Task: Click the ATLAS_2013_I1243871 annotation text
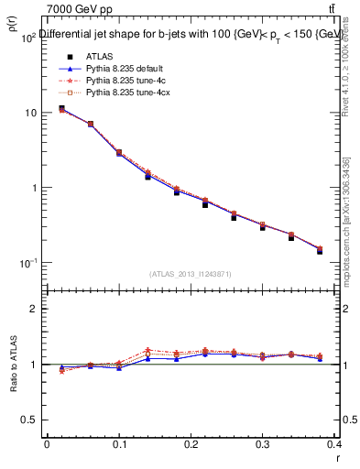pyautogui.click(x=189, y=274)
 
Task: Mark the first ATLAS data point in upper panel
pyautogui.click(x=61, y=108)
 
